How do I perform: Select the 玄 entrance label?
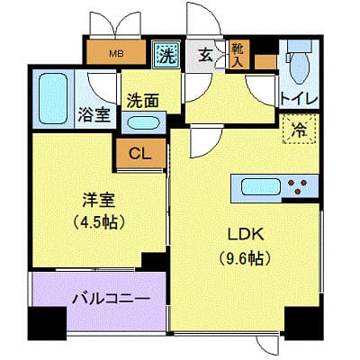(x=205, y=55)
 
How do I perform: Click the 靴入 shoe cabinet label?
(x=238, y=54)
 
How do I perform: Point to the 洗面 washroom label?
(x=142, y=100)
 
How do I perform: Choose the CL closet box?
(x=139, y=152)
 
